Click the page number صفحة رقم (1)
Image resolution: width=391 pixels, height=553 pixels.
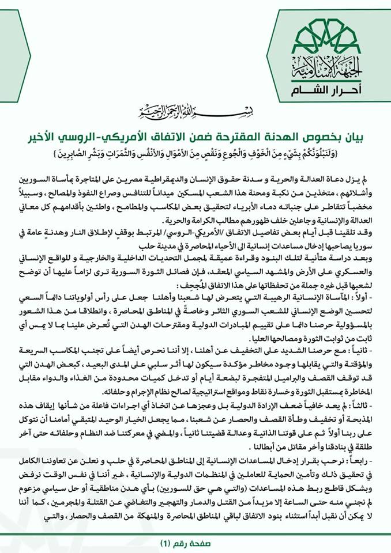[x=195, y=543]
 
